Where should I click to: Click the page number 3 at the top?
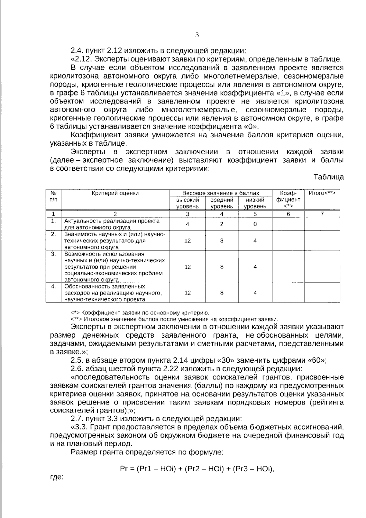(x=197, y=35)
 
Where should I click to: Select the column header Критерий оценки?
(x=115, y=193)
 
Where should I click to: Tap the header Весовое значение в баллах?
(x=221, y=193)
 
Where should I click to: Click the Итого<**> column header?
(x=322, y=193)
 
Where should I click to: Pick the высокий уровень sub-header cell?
(x=187, y=203)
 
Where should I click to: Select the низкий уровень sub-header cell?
(x=255, y=203)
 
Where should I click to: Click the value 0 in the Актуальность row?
(x=255, y=224)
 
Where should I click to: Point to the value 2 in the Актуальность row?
(x=222, y=224)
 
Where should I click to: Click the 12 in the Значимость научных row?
(x=187, y=241)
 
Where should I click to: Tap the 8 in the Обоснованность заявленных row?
(x=222, y=293)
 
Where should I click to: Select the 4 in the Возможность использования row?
(x=255, y=267)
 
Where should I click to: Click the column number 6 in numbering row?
(x=288, y=214)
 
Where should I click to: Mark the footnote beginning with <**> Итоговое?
(x=174, y=319)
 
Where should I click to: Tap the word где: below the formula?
(x=57, y=477)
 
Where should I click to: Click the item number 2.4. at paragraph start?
(x=77, y=51)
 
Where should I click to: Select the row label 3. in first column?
(x=53, y=254)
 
